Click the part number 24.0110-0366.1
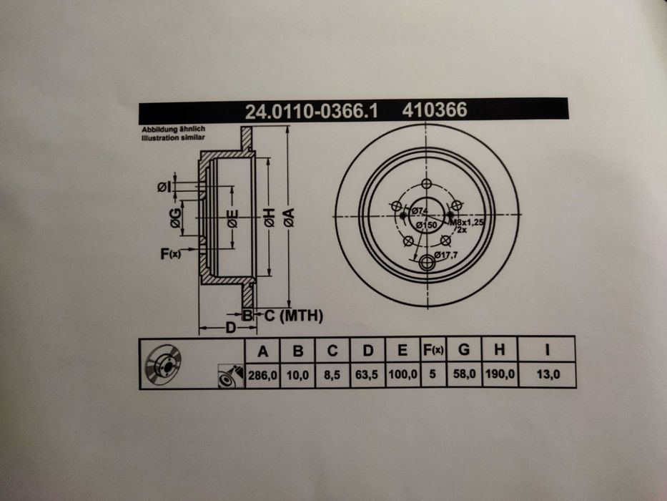[312, 111]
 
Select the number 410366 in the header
[435, 110]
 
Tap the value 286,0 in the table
[262, 375]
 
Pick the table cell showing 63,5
[367, 375]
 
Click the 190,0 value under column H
[500, 374]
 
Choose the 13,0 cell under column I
[548, 374]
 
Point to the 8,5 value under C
[332, 375]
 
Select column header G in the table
[464, 350]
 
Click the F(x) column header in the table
[433, 350]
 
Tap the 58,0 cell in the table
[464, 374]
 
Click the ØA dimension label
[289, 218]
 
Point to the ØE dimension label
[232, 218]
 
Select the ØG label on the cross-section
[176, 218]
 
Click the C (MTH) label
[294, 316]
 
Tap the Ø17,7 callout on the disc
[446, 256]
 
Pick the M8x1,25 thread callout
[467, 223]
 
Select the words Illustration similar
[173, 137]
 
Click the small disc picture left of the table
[163, 365]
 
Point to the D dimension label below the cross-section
[230, 328]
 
